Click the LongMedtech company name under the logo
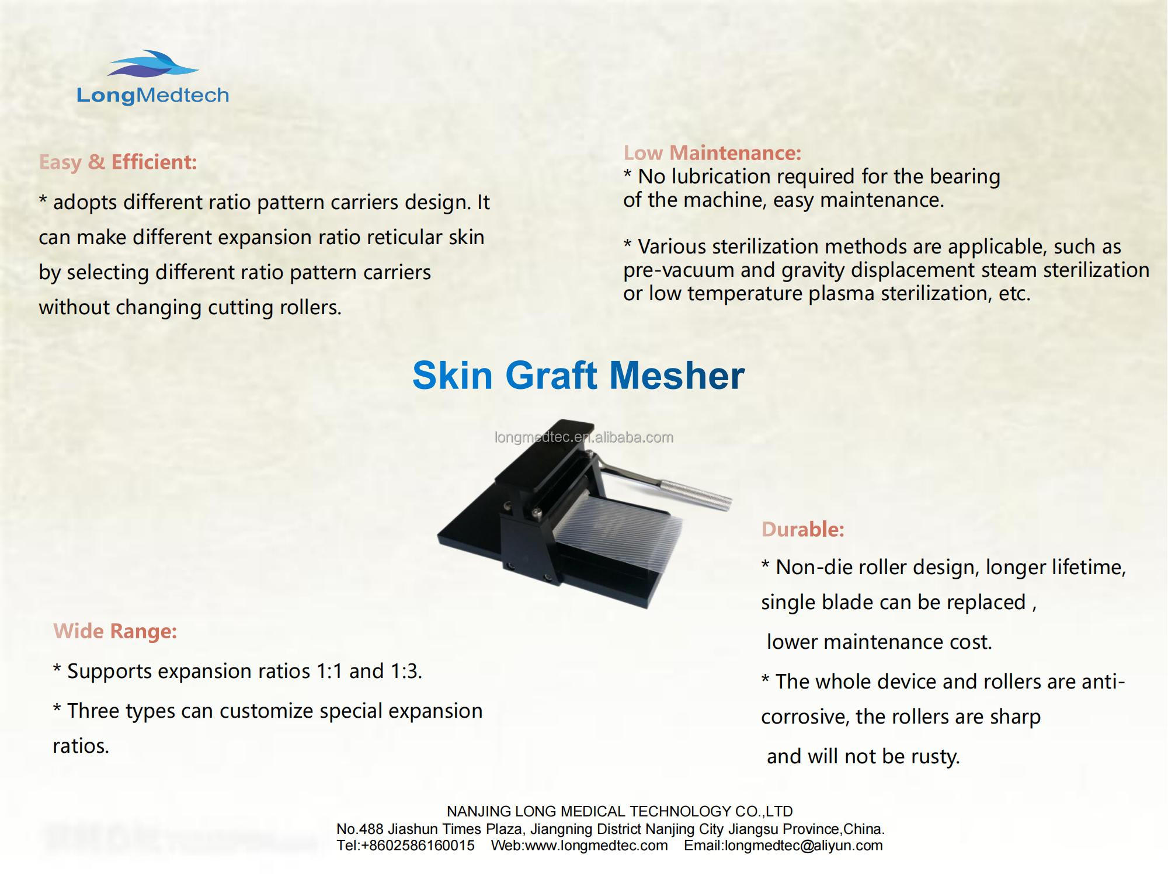tap(153, 95)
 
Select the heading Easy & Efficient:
tap(118, 162)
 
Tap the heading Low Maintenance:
tap(712, 153)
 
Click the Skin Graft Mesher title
tap(578, 375)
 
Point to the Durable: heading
tap(803, 530)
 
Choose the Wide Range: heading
tap(115, 631)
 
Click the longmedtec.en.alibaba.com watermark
tap(584, 437)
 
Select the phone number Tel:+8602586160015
tap(406, 846)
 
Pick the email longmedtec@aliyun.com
tap(804, 846)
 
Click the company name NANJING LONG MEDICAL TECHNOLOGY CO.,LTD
tap(620, 811)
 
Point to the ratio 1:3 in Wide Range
tap(405, 672)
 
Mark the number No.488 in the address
tap(359, 829)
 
